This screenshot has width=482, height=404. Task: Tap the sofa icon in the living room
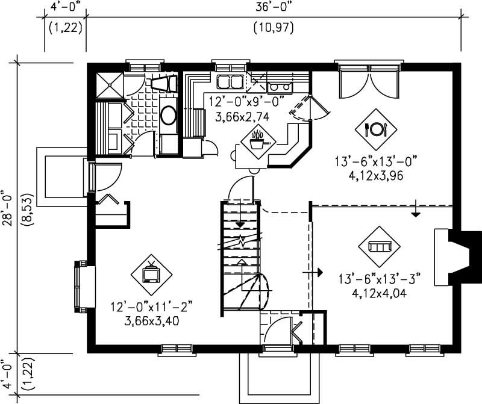[x=380, y=246]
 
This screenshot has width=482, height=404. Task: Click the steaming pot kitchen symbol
[x=258, y=140]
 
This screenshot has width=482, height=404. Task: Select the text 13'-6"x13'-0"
[x=376, y=161]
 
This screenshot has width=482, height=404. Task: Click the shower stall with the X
[x=110, y=84]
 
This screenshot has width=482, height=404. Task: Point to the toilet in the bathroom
[x=162, y=84]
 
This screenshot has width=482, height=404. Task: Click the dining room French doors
[x=369, y=81]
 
